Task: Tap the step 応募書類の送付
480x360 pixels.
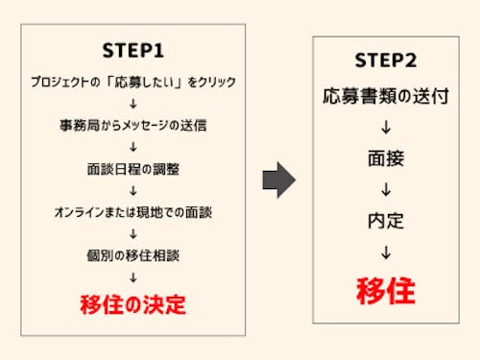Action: (x=384, y=96)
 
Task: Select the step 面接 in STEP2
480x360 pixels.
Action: (x=384, y=158)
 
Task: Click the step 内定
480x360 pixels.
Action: (x=384, y=221)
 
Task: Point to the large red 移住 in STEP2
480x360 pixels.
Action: (x=384, y=289)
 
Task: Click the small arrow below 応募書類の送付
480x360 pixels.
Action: (x=384, y=127)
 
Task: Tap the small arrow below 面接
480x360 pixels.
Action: (x=384, y=189)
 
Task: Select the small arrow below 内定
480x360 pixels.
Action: (x=384, y=252)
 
